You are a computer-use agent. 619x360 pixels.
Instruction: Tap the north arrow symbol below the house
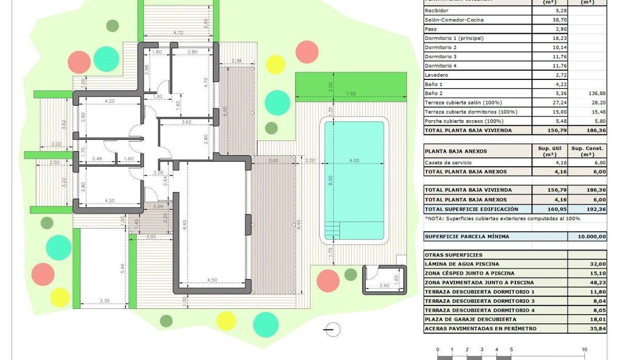click(333, 329)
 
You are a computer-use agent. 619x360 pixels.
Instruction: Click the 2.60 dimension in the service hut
click(384, 286)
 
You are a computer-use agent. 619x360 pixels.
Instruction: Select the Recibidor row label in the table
click(436, 10)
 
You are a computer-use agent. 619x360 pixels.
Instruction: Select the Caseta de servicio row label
click(447, 162)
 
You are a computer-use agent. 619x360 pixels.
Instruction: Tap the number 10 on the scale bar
click(584, 349)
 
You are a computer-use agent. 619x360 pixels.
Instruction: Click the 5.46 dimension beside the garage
click(122, 268)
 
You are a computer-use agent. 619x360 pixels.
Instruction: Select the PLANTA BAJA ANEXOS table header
click(455, 152)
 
